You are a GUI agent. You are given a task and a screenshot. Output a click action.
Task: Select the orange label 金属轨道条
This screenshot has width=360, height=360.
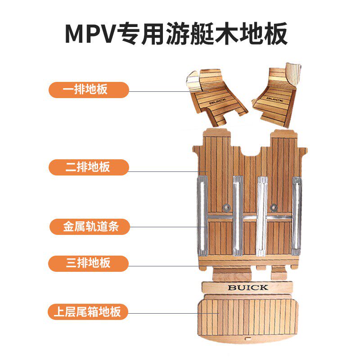pyautogui.click(x=89, y=226)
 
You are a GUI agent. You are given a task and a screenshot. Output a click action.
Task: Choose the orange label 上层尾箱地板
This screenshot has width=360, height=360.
pyautogui.click(x=89, y=311)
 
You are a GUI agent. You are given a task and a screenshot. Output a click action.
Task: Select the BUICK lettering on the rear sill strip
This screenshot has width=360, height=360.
pyautogui.click(x=247, y=287)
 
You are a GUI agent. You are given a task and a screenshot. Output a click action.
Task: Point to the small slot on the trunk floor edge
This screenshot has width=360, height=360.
pyautogui.click(x=247, y=336)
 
